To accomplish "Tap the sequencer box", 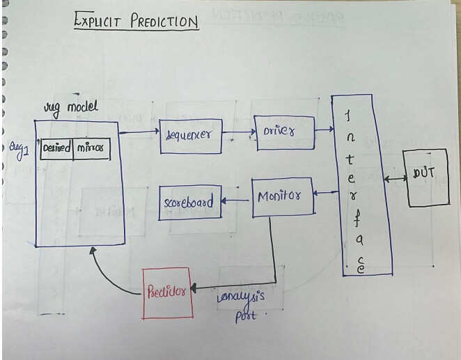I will (x=190, y=136).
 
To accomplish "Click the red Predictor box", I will (x=168, y=292).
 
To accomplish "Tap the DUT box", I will (x=428, y=177).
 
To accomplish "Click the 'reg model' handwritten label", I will (x=71, y=107).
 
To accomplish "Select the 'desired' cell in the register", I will (x=57, y=149).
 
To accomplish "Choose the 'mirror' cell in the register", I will (x=92, y=149).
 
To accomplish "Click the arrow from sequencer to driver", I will (x=238, y=132).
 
